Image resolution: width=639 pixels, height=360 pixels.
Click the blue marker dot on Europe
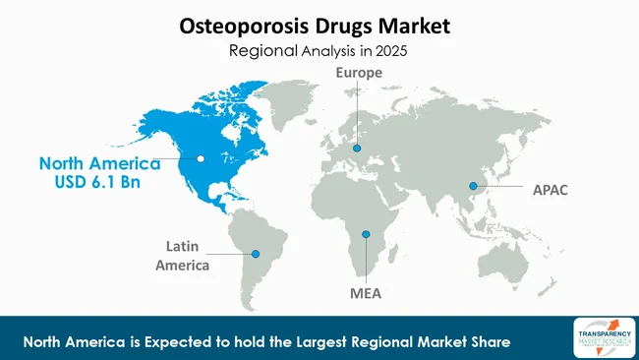[x=357, y=149]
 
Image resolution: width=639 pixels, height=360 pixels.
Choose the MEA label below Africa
[x=366, y=292]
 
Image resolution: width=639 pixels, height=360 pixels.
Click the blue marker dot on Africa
[x=366, y=234]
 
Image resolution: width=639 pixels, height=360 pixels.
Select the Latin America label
[x=187, y=255]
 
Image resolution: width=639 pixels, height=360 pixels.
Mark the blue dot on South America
[x=256, y=253]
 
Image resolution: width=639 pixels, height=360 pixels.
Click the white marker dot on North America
[x=201, y=157]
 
